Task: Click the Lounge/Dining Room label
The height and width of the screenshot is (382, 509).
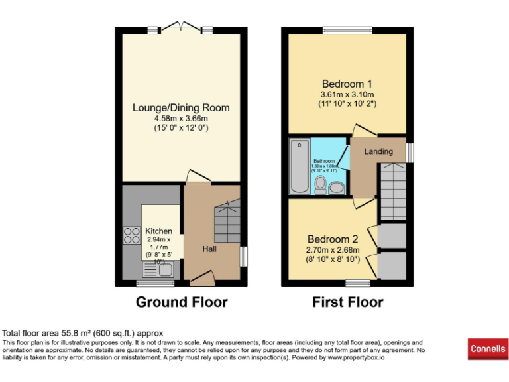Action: tap(181, 107)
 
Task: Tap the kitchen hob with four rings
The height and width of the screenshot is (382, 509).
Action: tap(128, 236)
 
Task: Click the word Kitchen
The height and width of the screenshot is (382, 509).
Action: tap(159, 231)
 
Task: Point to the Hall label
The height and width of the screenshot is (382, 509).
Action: tap(210, 249)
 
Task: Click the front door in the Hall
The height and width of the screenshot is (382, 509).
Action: tap(200, 278)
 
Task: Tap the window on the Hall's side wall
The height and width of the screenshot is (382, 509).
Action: tap(243, 256)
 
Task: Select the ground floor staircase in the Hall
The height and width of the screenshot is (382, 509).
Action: tap(226, 222)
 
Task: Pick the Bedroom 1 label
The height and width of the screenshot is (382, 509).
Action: tap(347, 84)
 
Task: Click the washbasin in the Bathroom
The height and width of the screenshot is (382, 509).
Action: tap(337, 188)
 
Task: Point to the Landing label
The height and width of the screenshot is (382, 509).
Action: tap(378, 151)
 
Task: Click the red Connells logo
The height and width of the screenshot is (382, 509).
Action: tap(488, 348)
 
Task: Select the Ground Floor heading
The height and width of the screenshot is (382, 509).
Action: tap(181, 302)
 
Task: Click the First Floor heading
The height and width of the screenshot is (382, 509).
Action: tap(347, 302)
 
